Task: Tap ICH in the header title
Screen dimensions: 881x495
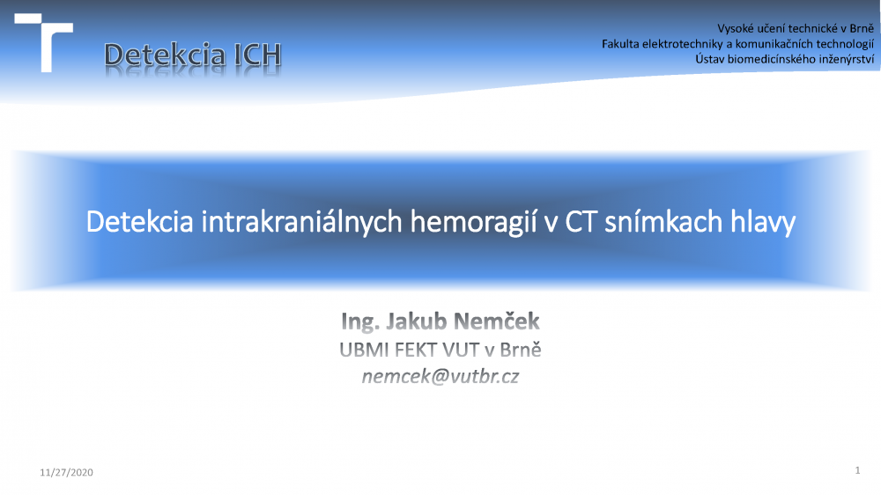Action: click(x=257, y=55)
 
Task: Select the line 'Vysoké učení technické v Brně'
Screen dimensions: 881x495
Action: click(x=795, y=28)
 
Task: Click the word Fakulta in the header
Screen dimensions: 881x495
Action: click(x=620, y=44)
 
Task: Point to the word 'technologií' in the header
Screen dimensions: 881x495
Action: click(x=845, y=44)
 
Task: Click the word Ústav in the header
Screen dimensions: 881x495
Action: click(x=709, y=58)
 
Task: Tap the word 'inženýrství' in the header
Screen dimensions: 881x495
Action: click(x=847, y=59)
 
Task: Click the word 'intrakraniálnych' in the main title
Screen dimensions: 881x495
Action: click(x=301, y=222)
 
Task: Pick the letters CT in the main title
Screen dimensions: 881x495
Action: click(x=580, y=221)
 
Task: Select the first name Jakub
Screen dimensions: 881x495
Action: click(x=416, y=321)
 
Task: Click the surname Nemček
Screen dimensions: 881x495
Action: click(x=496, y=321)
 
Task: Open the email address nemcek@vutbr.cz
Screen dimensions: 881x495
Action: click(x=440, y=376)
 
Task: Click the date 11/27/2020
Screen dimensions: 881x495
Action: click(x=66, y=472)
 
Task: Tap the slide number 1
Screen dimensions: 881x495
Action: click(x=857, y=470)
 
